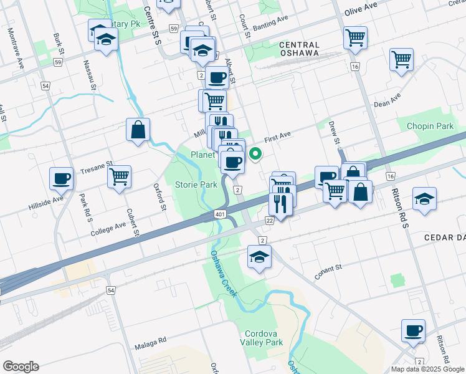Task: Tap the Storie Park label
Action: [x=196, y=185]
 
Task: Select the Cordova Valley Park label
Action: [x=264, y=338]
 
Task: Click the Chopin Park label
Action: [x=430, y=126]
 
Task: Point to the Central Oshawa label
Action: [x=299, y=49]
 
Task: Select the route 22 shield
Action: [x=269, y=220]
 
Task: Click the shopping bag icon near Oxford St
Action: [x=138, y=130]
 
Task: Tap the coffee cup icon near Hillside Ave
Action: [x=62, y=178]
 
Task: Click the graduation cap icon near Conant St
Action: [x=259, y=256]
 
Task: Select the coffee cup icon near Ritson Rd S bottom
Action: [x=414, y=330]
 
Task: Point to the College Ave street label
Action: [x=108, y=231]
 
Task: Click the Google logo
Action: [x=21, y=366]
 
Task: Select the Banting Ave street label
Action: [x=271, y=27]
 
